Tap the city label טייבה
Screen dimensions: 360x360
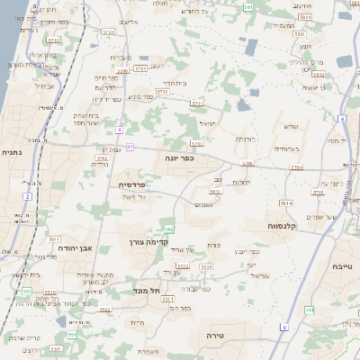[x=343, y=267]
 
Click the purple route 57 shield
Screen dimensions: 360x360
[x=130, y=147]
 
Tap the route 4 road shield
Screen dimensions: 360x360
[x=118, y=129]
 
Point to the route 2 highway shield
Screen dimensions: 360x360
[x=28, y=195]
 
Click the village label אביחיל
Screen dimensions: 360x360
[x=46, y=86]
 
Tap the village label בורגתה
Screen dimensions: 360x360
[x=245, y=139]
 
